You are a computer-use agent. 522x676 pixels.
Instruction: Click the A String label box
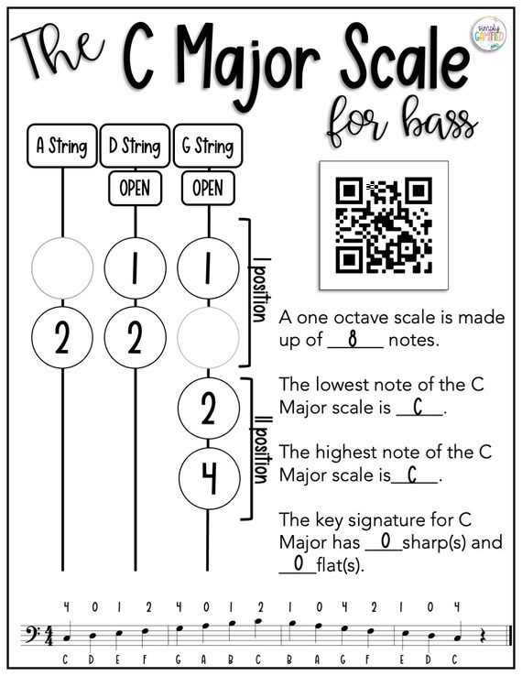pyautogui.click(x=62, y=146)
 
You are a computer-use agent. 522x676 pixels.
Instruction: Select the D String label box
pyautogui.click(x=135, y=146)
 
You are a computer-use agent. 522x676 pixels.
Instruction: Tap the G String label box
pyautogui.click(x=208, y=146)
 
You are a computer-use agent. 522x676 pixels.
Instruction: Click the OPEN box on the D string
pyautogui.click(x=135, y=189)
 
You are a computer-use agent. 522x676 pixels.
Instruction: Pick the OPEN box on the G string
pyautogui.click(x=208, y=189)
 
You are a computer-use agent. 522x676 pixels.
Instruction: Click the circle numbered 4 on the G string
pyautogui.click(x=210, y=478)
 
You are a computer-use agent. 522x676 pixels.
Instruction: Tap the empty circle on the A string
pyautogui.click(x=62, y=268)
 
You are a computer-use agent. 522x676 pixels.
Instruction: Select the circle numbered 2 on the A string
pyautogui.click(x=62, y=338)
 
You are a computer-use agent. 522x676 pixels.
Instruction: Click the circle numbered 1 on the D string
pyautogui.click(x=136, y=268)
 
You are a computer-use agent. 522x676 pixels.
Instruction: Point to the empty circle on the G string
pyautogui.click(x=208, y=338)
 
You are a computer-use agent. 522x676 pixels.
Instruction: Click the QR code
pyautogui.click(x=384, y=225)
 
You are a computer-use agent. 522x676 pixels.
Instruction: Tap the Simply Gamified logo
pyautogui.click(x=489, y=34)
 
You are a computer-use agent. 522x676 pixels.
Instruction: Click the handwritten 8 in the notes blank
pyautogui.click(x=353, y=340)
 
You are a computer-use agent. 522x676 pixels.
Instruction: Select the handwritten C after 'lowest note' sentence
pyautogui.click(x=418, y=407)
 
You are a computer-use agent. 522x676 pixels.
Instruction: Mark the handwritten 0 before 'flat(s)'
pyautogui.click(x=299, y=563)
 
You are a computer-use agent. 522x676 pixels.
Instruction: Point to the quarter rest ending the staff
pyautogui.click(x=483, y=636)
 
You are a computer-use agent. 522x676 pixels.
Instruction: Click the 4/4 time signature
pyautogui.click(x=49, y=636)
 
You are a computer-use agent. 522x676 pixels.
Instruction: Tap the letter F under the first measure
pyautogui.click(x=145, y=660)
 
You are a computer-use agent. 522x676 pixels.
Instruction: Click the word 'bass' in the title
pyautogui.click(x=440, y=122)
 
